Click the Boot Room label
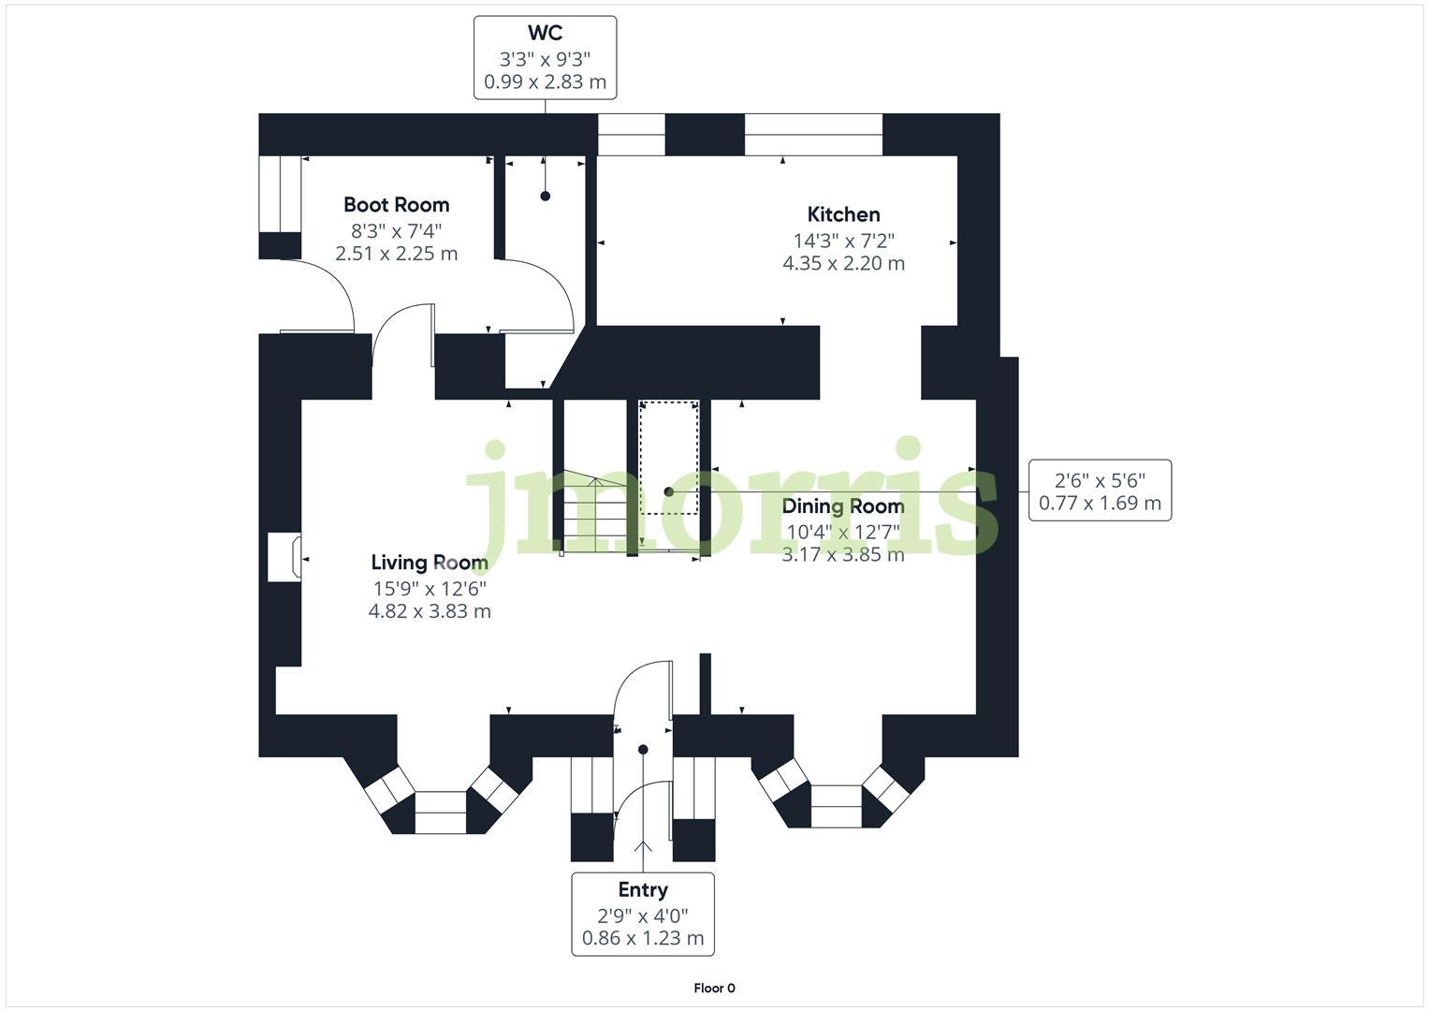[396, 204]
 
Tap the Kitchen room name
[843, 213]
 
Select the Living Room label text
[430, 562]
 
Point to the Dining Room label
[843, 506]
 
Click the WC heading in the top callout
[545, 33]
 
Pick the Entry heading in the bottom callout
[643, 889]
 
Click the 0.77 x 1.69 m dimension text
[1100, 504]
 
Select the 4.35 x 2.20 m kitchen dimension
[843, 263]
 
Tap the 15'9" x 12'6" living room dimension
[430, 588]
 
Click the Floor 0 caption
[714, 988]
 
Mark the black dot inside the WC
[545, 196]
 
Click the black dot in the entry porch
[643, 749]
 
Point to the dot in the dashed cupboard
[668, 491]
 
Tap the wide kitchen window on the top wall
[813, 135]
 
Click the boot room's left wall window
[280, 194]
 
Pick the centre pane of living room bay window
[440, 812]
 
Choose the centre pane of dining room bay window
[836, 806]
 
